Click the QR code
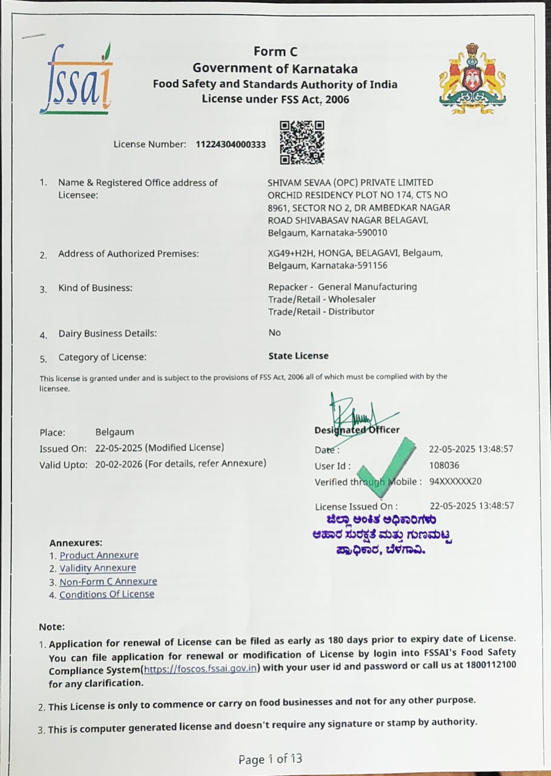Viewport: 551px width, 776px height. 302,142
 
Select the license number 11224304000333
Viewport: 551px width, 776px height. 231,145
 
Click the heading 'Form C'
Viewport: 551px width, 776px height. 275,52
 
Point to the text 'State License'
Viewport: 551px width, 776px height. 299,356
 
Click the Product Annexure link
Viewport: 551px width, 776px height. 99,555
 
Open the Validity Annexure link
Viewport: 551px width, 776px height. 97,569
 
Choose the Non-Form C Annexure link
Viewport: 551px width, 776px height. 108,581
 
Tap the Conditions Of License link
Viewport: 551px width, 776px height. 107,595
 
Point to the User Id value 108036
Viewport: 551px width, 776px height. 444,466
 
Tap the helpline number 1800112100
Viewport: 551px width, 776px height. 491,665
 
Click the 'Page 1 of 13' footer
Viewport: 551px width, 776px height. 270,759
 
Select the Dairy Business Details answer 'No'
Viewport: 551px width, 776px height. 274,333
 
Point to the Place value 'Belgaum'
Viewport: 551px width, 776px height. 114,432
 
